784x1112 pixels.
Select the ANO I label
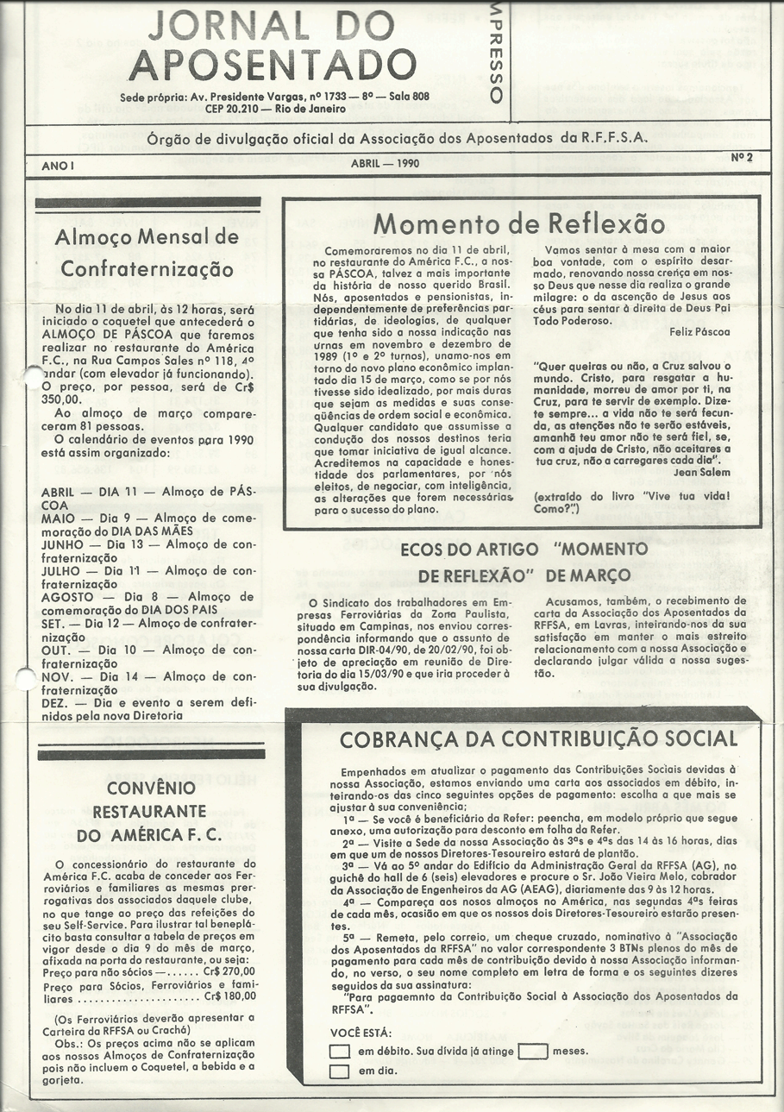tap(59, 164)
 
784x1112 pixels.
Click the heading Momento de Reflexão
tap(519, 224)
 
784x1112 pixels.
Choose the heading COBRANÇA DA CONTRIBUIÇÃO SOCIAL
tap(538, 739)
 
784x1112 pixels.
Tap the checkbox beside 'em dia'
tap(340, 1071)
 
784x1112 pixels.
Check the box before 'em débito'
tap(340, 1051)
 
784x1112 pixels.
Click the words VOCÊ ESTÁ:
tap(361, 1033)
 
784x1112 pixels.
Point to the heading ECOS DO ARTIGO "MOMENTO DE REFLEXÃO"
tap(524, 562)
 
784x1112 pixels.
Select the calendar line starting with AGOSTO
tap(147, 596)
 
